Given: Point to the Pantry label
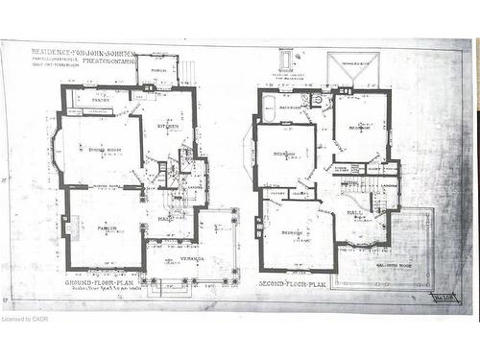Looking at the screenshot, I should tap(101, 99).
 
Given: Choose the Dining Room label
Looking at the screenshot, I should tap(103, 150).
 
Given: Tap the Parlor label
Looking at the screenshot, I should tap(107, 228).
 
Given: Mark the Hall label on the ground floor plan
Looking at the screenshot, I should tap(165, 219).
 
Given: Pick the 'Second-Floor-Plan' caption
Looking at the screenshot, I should tap(292, 284).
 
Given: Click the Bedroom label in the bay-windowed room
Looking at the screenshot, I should tap(284, 154).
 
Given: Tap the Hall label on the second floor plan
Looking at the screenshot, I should tap(354, 212).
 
